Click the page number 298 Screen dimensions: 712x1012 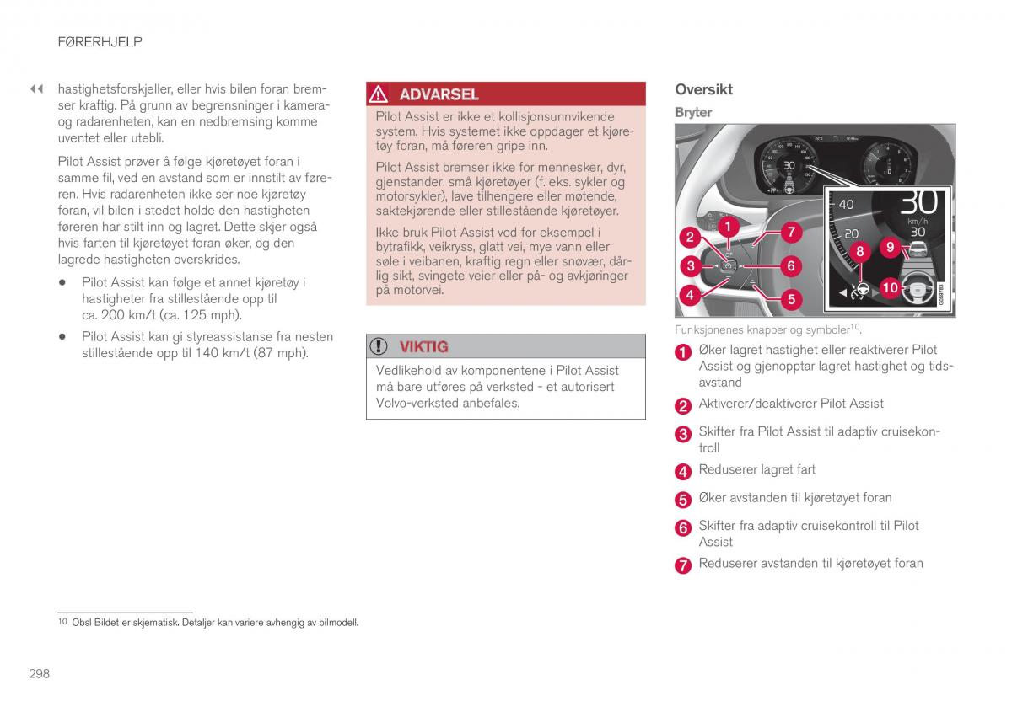pos(39,673)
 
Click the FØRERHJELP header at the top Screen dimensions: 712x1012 pos(100,41)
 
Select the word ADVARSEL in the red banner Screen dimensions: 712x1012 pos(439,94)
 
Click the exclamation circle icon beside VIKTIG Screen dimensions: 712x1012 pos(379,346)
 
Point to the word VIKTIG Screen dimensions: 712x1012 pos(423,346)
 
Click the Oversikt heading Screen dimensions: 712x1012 pos(703,89)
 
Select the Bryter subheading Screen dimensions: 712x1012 pos(693,112)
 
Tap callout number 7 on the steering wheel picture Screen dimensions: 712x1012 pos(790,232)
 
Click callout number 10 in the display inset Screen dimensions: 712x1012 pos(890,287)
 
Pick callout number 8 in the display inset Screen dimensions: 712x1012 pos(860,251)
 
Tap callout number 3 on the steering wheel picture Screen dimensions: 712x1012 pos(691,266)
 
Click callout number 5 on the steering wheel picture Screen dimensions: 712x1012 pos(791,298)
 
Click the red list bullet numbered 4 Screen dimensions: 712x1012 pos(683,471)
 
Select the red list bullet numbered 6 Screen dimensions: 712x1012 pos(683,528)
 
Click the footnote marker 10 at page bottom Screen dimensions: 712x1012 pos(62,623)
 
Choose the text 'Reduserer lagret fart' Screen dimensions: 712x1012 pos(756,469)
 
